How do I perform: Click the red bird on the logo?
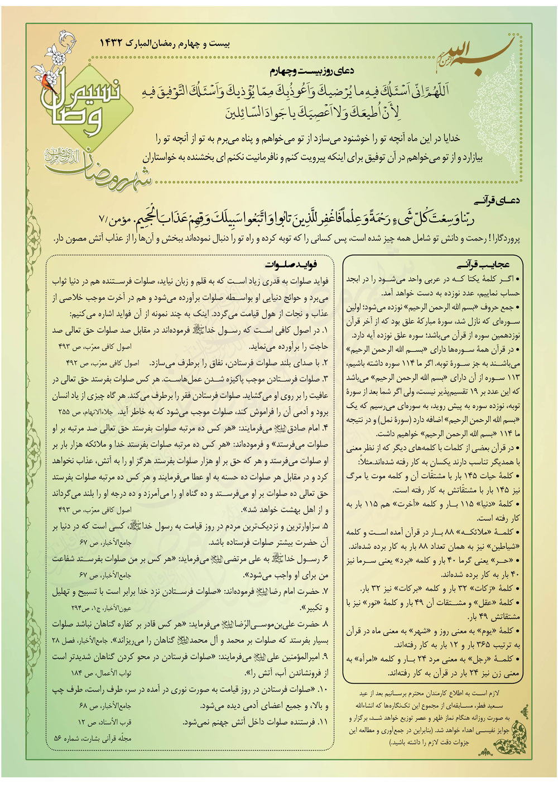45,80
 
